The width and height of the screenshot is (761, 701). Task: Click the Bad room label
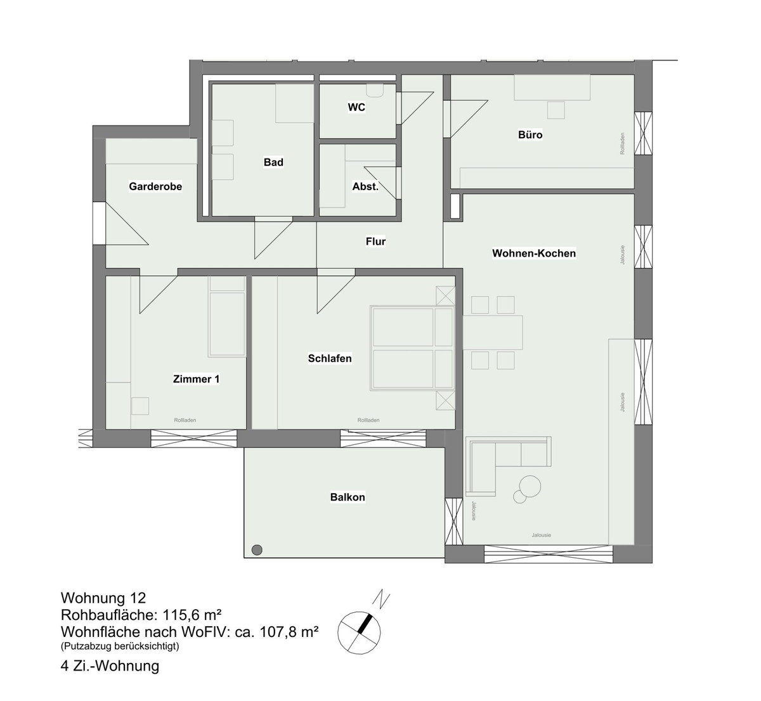click(273, 162)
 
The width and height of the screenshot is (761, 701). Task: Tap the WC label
click(356, 107)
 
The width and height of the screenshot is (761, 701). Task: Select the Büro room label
click(530, 134)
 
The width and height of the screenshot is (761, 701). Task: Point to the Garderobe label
click(155, 186)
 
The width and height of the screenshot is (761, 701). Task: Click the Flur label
click(375, 241)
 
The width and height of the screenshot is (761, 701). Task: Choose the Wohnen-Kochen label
click(534, 253)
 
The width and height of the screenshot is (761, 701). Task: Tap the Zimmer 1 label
click(196, 379)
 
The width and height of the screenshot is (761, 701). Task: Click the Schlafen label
click(330, 359)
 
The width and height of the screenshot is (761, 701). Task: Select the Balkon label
click(348, 497)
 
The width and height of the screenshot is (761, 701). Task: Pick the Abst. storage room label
click(365, 186)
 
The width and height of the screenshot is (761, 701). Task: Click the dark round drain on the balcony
click(257, 550)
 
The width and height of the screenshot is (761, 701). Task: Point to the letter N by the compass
click(381, 599)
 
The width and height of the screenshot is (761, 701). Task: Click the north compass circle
click(359, 633)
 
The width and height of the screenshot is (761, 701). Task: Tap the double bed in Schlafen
click(412, 348)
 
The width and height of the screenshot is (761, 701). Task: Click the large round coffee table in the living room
click(530, 486)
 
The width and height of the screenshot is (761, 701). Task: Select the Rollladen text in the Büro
click(622, 143)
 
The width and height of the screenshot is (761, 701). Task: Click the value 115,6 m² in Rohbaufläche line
click(192, 614)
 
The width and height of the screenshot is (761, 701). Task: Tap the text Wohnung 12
click(103, 598)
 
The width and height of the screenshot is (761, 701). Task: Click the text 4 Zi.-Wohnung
click(110, 666)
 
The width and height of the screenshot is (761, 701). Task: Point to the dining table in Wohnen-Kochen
click(492, 332)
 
